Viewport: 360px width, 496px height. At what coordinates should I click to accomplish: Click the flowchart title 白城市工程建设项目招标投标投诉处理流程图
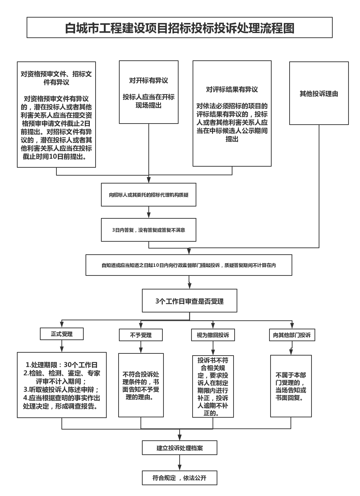[180, 28]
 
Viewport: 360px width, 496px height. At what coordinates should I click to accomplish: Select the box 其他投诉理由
[319, 94]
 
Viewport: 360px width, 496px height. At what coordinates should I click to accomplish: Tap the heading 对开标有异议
[149, 80]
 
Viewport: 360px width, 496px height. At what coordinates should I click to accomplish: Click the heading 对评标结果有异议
[232, 89]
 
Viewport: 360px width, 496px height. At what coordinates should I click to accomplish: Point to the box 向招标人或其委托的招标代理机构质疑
[149, 195]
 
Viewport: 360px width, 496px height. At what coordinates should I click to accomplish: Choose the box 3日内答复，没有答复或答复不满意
[149, 230]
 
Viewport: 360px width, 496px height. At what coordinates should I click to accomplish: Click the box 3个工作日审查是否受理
[189, 301]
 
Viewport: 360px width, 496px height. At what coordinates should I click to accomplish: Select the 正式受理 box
[62, 334]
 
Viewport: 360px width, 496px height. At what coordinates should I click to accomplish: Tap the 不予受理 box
[141, 335]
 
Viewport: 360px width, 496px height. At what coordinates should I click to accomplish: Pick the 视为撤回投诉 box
[213, 335]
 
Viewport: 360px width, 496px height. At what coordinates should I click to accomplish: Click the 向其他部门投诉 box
[292, 335]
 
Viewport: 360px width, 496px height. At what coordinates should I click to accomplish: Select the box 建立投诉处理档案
[180, 448]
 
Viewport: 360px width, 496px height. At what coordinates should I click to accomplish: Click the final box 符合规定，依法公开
[180, 478]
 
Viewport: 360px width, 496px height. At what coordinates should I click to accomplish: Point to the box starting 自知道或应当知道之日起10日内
[189, 265]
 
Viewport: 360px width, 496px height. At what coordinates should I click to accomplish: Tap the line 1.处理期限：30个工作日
[62, 365]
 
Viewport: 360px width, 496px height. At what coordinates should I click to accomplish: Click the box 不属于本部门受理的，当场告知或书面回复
[291, 386]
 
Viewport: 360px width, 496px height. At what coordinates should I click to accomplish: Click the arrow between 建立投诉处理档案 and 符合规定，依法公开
[180, 463]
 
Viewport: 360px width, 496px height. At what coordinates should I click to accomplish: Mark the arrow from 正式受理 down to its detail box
[62, 346]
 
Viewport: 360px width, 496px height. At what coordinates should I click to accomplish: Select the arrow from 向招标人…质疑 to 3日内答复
[149, 212]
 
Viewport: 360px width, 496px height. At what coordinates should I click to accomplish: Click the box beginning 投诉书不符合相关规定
[213, 386]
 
